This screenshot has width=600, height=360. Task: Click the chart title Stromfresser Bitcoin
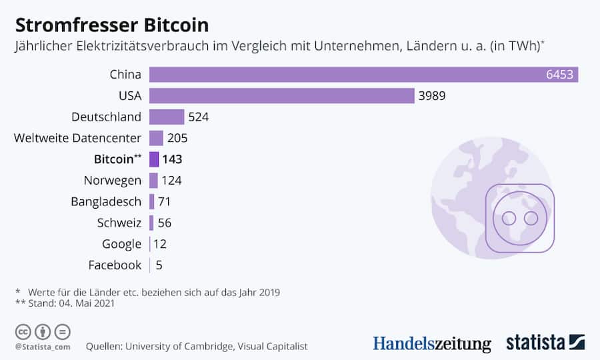112,25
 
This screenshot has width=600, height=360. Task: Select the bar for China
363,74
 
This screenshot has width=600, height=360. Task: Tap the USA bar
281,95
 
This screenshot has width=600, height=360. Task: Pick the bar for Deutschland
167,117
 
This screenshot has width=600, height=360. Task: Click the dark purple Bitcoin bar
154,159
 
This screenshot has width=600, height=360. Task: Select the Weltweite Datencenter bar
156,138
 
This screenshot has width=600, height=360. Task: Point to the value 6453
559,74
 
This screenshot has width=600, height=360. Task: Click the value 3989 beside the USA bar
432,95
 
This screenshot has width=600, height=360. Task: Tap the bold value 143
172,159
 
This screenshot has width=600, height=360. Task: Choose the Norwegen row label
112,180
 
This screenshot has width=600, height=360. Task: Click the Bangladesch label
106,201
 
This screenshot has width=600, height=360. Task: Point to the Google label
121,244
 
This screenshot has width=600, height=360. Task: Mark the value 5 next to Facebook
159,265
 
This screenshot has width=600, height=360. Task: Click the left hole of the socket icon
509,218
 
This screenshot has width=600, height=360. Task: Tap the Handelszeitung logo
431,344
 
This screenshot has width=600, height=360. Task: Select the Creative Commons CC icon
23,331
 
